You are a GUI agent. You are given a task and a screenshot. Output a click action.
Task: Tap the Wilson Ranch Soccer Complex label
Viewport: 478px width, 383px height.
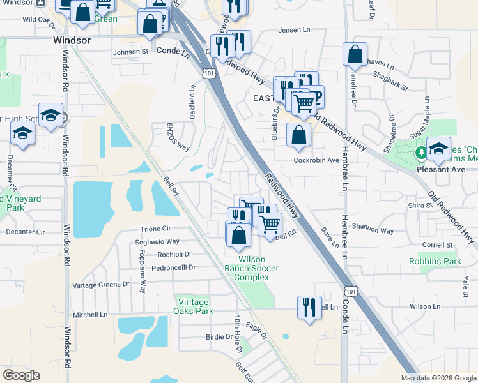point(258,268)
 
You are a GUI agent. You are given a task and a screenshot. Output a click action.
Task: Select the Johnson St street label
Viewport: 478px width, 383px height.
point(130,52)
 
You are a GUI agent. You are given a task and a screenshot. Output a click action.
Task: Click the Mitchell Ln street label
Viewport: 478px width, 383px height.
point(90,315)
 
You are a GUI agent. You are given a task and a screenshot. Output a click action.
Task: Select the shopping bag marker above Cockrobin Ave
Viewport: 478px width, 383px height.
point(298,135)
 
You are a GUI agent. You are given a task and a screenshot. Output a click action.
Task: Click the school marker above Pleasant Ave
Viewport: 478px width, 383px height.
point(438,149)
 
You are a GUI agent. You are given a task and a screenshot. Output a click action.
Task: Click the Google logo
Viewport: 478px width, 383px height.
point(21,375)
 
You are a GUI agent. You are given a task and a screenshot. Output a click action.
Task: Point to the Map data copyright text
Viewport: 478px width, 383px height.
point(438,378)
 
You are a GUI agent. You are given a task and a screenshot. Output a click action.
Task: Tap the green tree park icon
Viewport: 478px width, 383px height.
point(421,153)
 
